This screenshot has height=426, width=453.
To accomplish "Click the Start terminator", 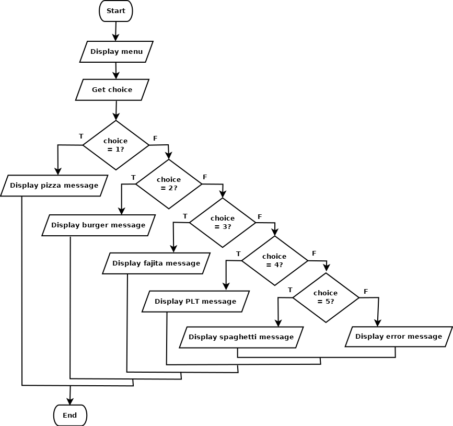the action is (116, 11).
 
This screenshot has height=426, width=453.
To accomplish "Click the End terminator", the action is (70, 416).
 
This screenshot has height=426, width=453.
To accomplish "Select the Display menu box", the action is (117, 52).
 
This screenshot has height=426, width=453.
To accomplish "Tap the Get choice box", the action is (112, 90).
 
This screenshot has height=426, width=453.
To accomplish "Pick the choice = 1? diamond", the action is (116, 145).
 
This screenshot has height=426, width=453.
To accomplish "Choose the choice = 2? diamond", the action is (169, 184).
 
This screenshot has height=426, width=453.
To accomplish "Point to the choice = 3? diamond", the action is (223, 223).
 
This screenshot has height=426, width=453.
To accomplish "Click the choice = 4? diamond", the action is (274, 261).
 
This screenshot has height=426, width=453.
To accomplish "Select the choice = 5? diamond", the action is (326, 297).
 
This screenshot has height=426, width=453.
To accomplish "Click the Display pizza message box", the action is (54, 186).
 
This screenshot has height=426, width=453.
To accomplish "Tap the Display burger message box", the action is (99, 225).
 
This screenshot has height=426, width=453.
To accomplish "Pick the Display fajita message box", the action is (156, 263).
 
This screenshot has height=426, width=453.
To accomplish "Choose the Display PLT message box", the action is (195, 302).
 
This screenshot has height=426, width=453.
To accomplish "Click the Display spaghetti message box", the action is (241, 337).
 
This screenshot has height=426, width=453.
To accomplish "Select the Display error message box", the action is (399, 337).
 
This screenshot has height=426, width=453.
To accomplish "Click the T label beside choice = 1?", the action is (81, 136).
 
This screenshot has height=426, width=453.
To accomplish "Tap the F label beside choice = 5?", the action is (366, 291).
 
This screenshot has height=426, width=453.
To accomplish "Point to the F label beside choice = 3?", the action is (260, 217).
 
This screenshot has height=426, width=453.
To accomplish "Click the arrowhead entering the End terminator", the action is (70, 401).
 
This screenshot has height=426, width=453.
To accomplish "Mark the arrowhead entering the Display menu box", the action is (115, 38).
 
